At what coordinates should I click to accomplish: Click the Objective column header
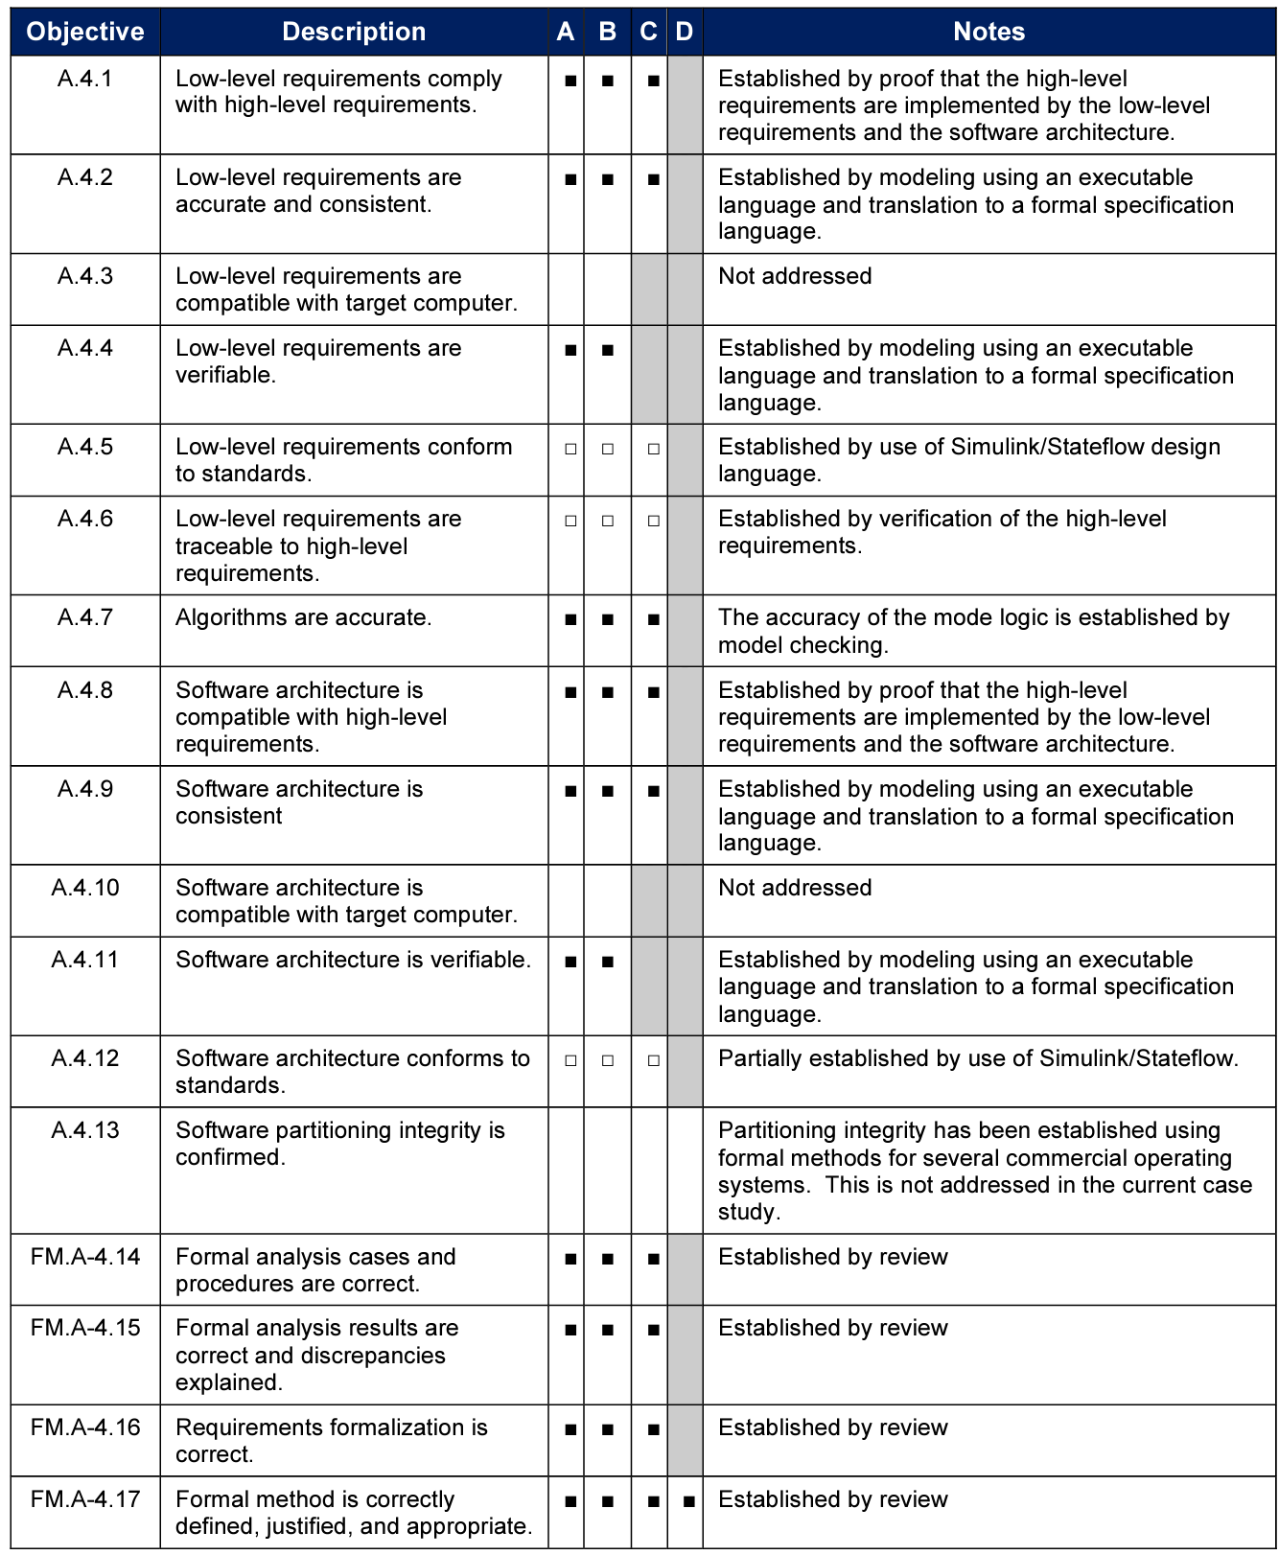tap(85, 32)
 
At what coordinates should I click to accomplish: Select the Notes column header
tap(988, 32)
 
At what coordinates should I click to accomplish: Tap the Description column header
tap(354, 32)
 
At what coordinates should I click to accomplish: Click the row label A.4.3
tap(85, 276)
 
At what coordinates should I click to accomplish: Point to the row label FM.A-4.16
tap(85, 1427)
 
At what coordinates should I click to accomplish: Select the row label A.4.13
tap(85, 1130)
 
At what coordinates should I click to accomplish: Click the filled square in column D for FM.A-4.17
tap(687, 1501)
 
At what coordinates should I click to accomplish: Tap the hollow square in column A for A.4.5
tap(570, 449)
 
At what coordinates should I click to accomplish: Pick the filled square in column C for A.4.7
tap(653, 620)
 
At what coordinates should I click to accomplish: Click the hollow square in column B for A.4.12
tap(607, 1060)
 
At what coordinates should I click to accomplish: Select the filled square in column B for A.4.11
tap(607, 962)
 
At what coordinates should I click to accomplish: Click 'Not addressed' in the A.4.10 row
tap(795, 888)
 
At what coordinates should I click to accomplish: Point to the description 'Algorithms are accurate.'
tap(303, 617)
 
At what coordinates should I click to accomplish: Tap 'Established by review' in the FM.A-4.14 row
tap(832, 1257)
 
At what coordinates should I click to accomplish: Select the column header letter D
tap(684, 32)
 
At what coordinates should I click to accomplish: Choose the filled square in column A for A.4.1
tap(570, 81)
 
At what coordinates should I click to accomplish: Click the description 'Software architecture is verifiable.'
tap(353, 960)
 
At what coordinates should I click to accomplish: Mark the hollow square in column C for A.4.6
tap(653, 521)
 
